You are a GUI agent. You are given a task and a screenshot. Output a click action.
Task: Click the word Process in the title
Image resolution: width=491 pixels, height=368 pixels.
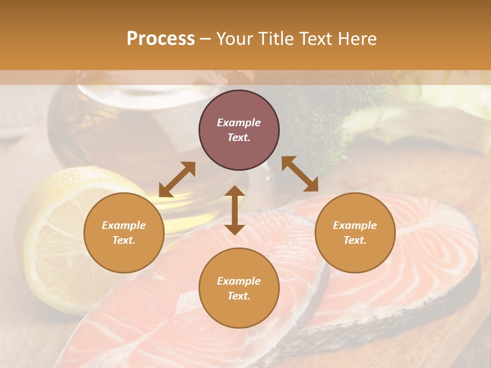tap(161, 39)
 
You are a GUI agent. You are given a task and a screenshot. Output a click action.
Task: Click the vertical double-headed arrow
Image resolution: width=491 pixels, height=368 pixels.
tap(235, 210)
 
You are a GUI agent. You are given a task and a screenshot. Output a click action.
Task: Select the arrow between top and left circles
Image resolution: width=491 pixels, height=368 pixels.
tap(177, 179)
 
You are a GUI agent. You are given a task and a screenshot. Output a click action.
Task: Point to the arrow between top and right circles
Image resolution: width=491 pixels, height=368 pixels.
tap(300, 174)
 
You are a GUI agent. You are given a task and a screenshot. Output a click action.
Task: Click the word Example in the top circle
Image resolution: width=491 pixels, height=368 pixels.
tap(239, 123)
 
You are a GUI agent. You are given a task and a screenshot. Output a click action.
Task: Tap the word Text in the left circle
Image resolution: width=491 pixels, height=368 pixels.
tap(124, 240)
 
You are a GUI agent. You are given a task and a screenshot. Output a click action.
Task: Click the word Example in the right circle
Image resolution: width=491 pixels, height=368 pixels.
tap(355, 225)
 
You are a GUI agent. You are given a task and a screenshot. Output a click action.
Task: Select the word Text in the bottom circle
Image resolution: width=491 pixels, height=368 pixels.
tap(239, 296)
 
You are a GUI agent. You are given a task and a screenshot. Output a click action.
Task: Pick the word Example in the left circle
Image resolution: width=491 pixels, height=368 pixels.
tap(124, 225)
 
